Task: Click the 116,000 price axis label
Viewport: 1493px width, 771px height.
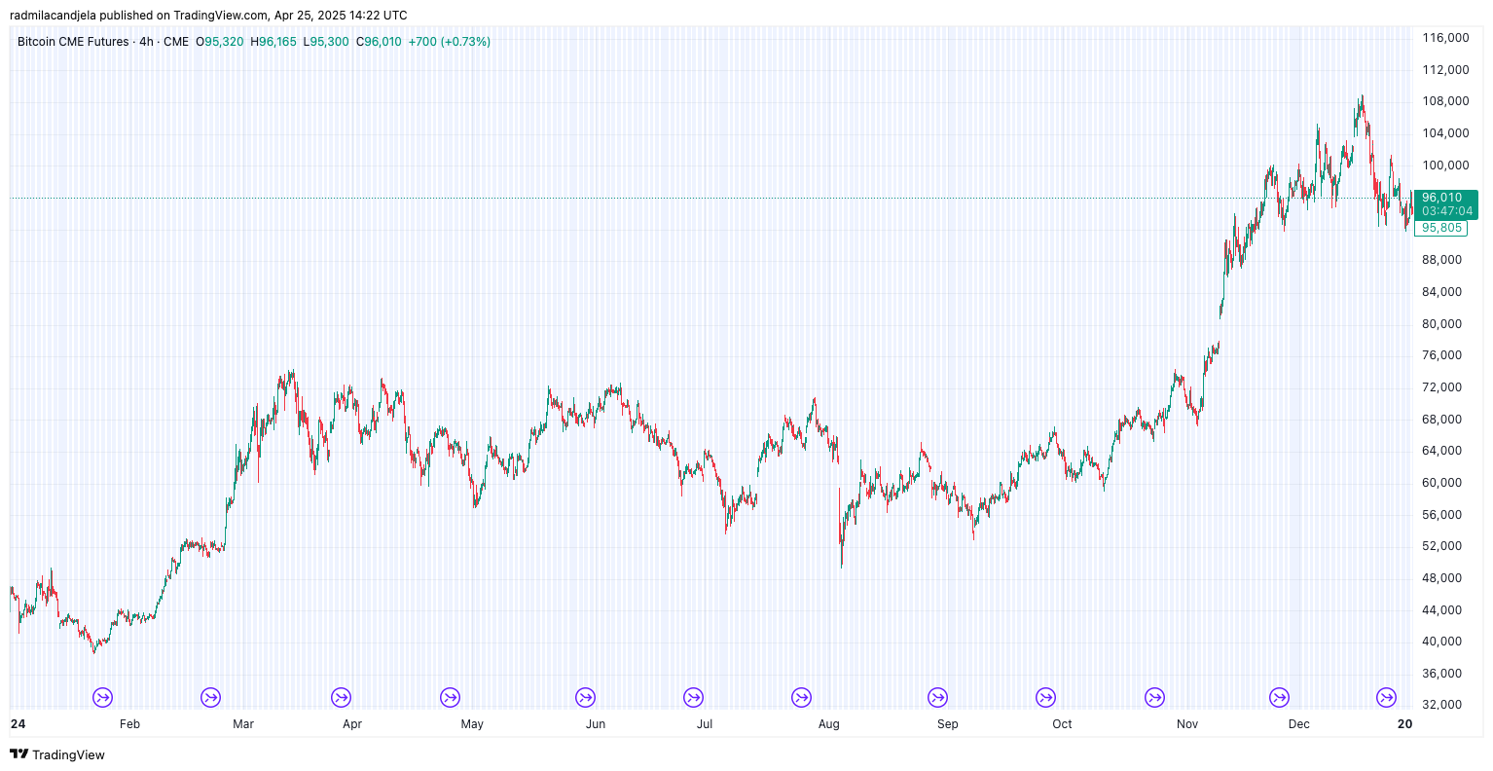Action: (x=1444, y=38)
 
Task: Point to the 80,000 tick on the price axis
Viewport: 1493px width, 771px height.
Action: (x=1441, y=324)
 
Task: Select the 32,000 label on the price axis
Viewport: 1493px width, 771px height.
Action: (x=1441, y=705)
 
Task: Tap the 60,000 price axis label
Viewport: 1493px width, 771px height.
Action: (x=1441, y=483)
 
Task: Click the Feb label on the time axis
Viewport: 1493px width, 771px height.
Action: (x=129, y=724)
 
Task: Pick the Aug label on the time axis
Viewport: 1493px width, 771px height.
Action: (x=828, y=724)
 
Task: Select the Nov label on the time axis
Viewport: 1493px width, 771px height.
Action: (x=1186, y=724)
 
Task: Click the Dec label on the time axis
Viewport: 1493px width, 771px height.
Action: (x=1298, y=724)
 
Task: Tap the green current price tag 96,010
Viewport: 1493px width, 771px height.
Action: (x=1441, y=198)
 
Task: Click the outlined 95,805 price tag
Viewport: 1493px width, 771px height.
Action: (x=1440, y=228)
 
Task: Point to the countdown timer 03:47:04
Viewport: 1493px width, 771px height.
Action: (x=1447, y=211)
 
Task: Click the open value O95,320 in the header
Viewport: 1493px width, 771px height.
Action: (x=220, y=42)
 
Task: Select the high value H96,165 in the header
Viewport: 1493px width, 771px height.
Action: (x=273, y=42)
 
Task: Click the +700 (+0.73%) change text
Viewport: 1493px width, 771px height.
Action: (x=449, y=42)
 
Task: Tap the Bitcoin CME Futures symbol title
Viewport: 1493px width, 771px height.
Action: (x=73, y=42)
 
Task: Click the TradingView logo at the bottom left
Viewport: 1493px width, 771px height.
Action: (x=57, y=754)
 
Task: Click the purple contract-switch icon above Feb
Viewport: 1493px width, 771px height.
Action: (x=103, y=697)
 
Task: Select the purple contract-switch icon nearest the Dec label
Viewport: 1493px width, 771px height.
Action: (x=1279, y=697)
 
